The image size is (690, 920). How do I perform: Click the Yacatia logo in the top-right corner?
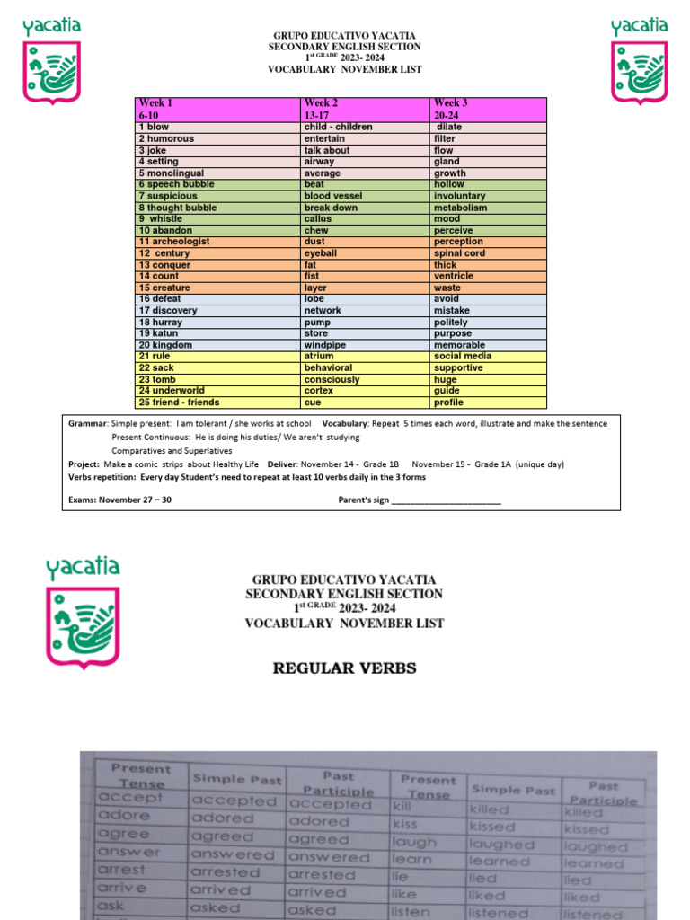coord(640,59)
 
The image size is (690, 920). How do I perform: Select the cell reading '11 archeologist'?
coord(174,242)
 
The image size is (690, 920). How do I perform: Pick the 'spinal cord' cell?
coord(459,253)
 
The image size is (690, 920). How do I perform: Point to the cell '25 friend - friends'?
coord(179,402)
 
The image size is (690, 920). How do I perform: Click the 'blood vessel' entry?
coord(332,196)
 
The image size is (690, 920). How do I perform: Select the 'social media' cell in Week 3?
coord(463,357)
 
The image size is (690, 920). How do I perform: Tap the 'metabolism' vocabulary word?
coord(460,208)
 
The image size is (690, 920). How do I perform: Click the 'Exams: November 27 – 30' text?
coord(119,500)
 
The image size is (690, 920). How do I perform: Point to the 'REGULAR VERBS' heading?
coord(344,668)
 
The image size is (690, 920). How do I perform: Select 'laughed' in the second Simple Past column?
coord(501,845)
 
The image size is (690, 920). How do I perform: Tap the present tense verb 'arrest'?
coord(121,870)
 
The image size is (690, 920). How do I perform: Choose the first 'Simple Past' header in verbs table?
coord(237,779)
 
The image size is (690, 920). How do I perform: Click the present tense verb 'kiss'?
coord(404,823)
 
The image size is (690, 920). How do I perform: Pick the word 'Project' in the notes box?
coord(84,464)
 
